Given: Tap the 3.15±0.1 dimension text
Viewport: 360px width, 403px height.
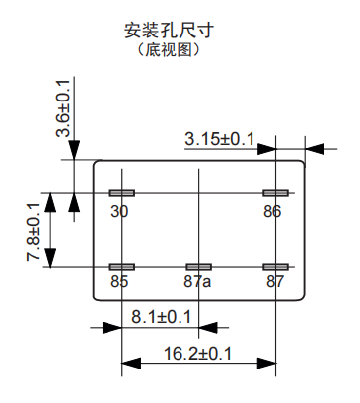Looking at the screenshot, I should click(x=219, y=139).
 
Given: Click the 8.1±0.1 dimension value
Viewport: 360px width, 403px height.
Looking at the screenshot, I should click(x=161, y=317).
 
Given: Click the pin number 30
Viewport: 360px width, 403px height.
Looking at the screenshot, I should click(x=120, y=212).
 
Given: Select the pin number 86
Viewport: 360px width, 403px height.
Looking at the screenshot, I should click(x=272, y=212).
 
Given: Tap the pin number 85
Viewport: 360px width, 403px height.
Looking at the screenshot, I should click(x=120, y=282).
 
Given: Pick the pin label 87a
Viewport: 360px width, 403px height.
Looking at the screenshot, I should click(x=197, y=282).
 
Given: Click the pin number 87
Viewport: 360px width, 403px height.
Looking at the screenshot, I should click(x=274, y=282).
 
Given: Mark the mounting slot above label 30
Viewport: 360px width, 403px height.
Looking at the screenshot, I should click(x=122, y=193).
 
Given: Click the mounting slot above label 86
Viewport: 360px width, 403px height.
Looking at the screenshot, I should click(x=274, y=193).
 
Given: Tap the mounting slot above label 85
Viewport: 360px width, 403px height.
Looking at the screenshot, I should click(x=122, y=267).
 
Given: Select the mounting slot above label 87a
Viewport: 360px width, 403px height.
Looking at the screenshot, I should click(x=198, y=267).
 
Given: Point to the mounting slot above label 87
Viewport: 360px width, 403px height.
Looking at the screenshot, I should click(x=274, y=267).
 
